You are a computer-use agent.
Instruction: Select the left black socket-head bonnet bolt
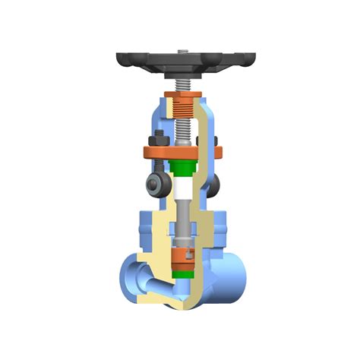pyautogui.click(x=155, y=183)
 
